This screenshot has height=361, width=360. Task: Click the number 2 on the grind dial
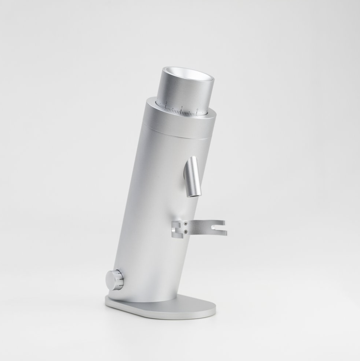[166, 103]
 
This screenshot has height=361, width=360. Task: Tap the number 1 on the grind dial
[182, 107]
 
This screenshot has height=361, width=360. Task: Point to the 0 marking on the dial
[197, 109]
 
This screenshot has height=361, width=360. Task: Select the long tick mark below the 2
[166, 107]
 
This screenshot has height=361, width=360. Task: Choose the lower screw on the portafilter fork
[185, 231]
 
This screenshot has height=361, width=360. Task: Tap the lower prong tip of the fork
[224, 234]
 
